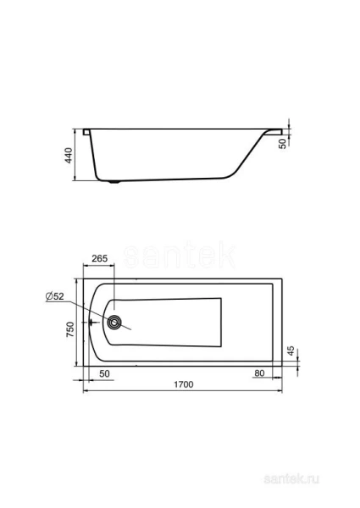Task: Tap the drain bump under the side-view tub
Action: (117, 180)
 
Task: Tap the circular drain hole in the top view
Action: (115, 322)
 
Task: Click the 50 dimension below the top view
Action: (105, 373)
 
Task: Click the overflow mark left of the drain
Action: (93, 322)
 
